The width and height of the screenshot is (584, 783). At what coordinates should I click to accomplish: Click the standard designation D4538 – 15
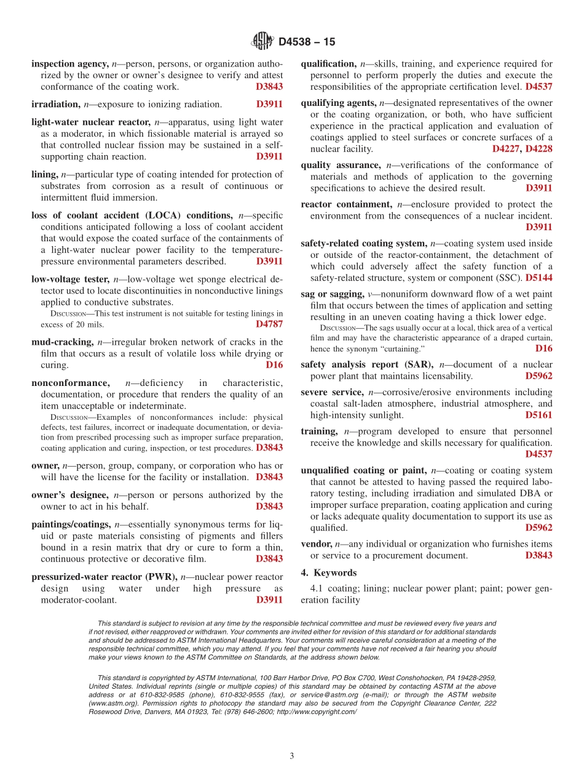click(x=307, y=42)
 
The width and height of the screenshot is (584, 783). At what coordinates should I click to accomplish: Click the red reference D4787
click(x=269, y=324)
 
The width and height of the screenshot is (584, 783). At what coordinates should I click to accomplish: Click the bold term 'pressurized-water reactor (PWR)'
click(x=104, y=577)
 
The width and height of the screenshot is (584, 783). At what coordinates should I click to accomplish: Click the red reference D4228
click(x=539, y=149)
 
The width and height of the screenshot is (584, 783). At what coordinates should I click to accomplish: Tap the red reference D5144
click(x=539, y=278)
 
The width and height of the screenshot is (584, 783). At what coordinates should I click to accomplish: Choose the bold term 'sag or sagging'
click(x=332, y=294)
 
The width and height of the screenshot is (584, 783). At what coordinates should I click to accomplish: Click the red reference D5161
click(x=539, y=416)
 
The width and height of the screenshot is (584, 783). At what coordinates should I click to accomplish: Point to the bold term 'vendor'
click(x=316, y=544)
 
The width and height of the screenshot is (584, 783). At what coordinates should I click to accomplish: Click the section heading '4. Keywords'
click(x=328, y=573)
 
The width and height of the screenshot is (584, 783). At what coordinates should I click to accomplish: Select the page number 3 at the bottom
click(x=291, y=757)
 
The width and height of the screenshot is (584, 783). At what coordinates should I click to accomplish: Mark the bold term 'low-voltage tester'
click(x=69, y=279)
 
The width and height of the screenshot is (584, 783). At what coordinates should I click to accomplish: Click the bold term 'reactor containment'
click(x=346, y=204)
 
